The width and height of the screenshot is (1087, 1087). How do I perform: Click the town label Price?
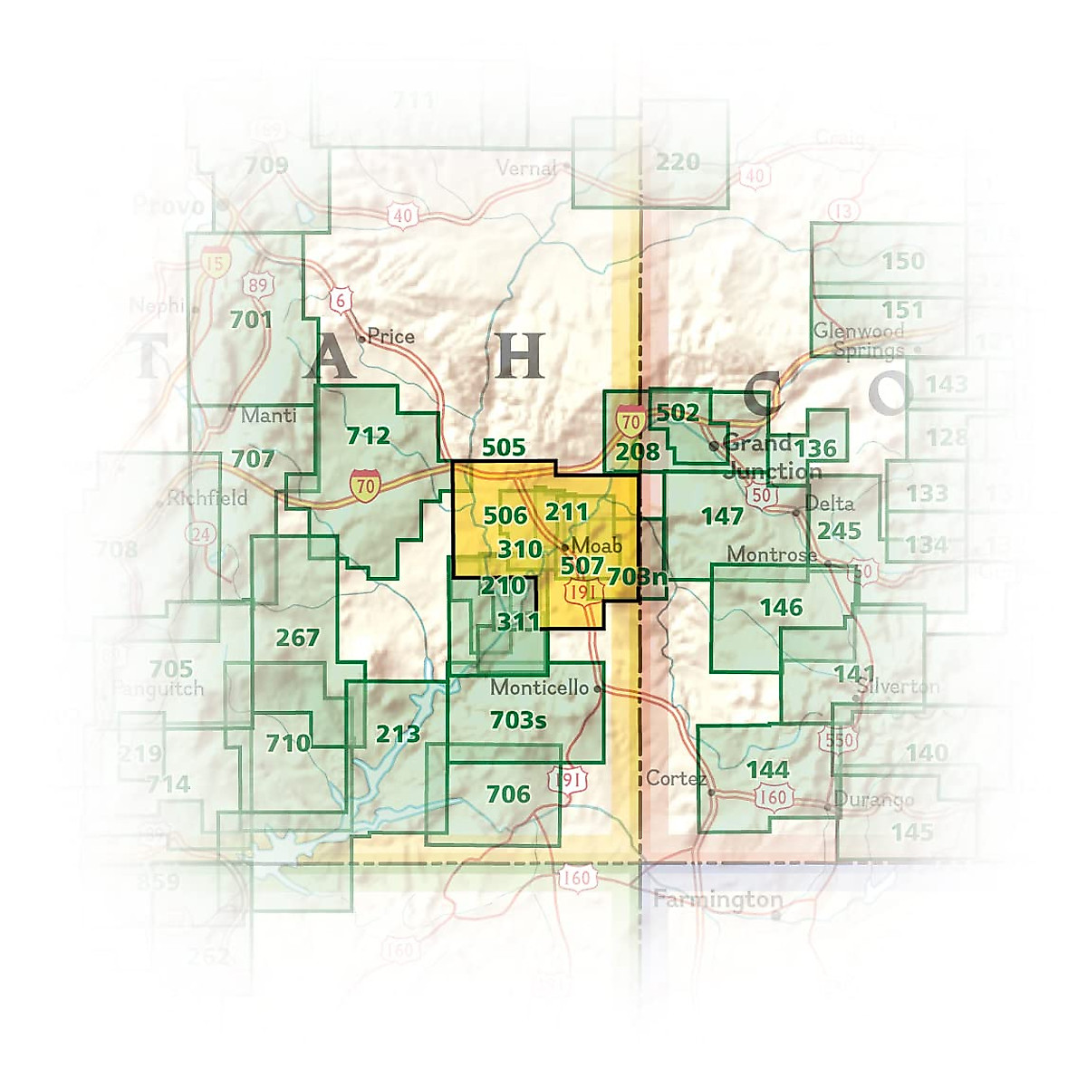(390, 337)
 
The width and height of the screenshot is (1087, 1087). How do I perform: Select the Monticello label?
(539, 688)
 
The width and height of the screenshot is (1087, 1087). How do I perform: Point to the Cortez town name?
(676, 779)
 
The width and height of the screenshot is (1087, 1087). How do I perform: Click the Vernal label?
(526, 168)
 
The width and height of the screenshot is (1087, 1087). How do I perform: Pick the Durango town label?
(873, 800)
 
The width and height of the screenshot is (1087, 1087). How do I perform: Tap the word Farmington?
(717, 900)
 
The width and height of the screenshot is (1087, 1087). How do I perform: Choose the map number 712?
(368, 436)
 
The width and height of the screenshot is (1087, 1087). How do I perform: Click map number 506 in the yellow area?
(505, 515)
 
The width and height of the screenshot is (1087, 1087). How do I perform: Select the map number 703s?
(517, 720)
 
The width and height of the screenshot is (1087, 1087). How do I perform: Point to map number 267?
(297, 638)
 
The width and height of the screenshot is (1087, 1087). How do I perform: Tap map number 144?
(767, 770)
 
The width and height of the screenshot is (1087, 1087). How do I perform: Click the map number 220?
(678, 162)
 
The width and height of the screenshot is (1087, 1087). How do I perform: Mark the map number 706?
(508, 794)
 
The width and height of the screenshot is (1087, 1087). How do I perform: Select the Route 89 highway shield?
(258, 285)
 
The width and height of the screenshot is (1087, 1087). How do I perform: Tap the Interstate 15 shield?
(215, 264)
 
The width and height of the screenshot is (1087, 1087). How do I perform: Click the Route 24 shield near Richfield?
(201, 534)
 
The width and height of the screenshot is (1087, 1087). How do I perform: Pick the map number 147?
(722, 516)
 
